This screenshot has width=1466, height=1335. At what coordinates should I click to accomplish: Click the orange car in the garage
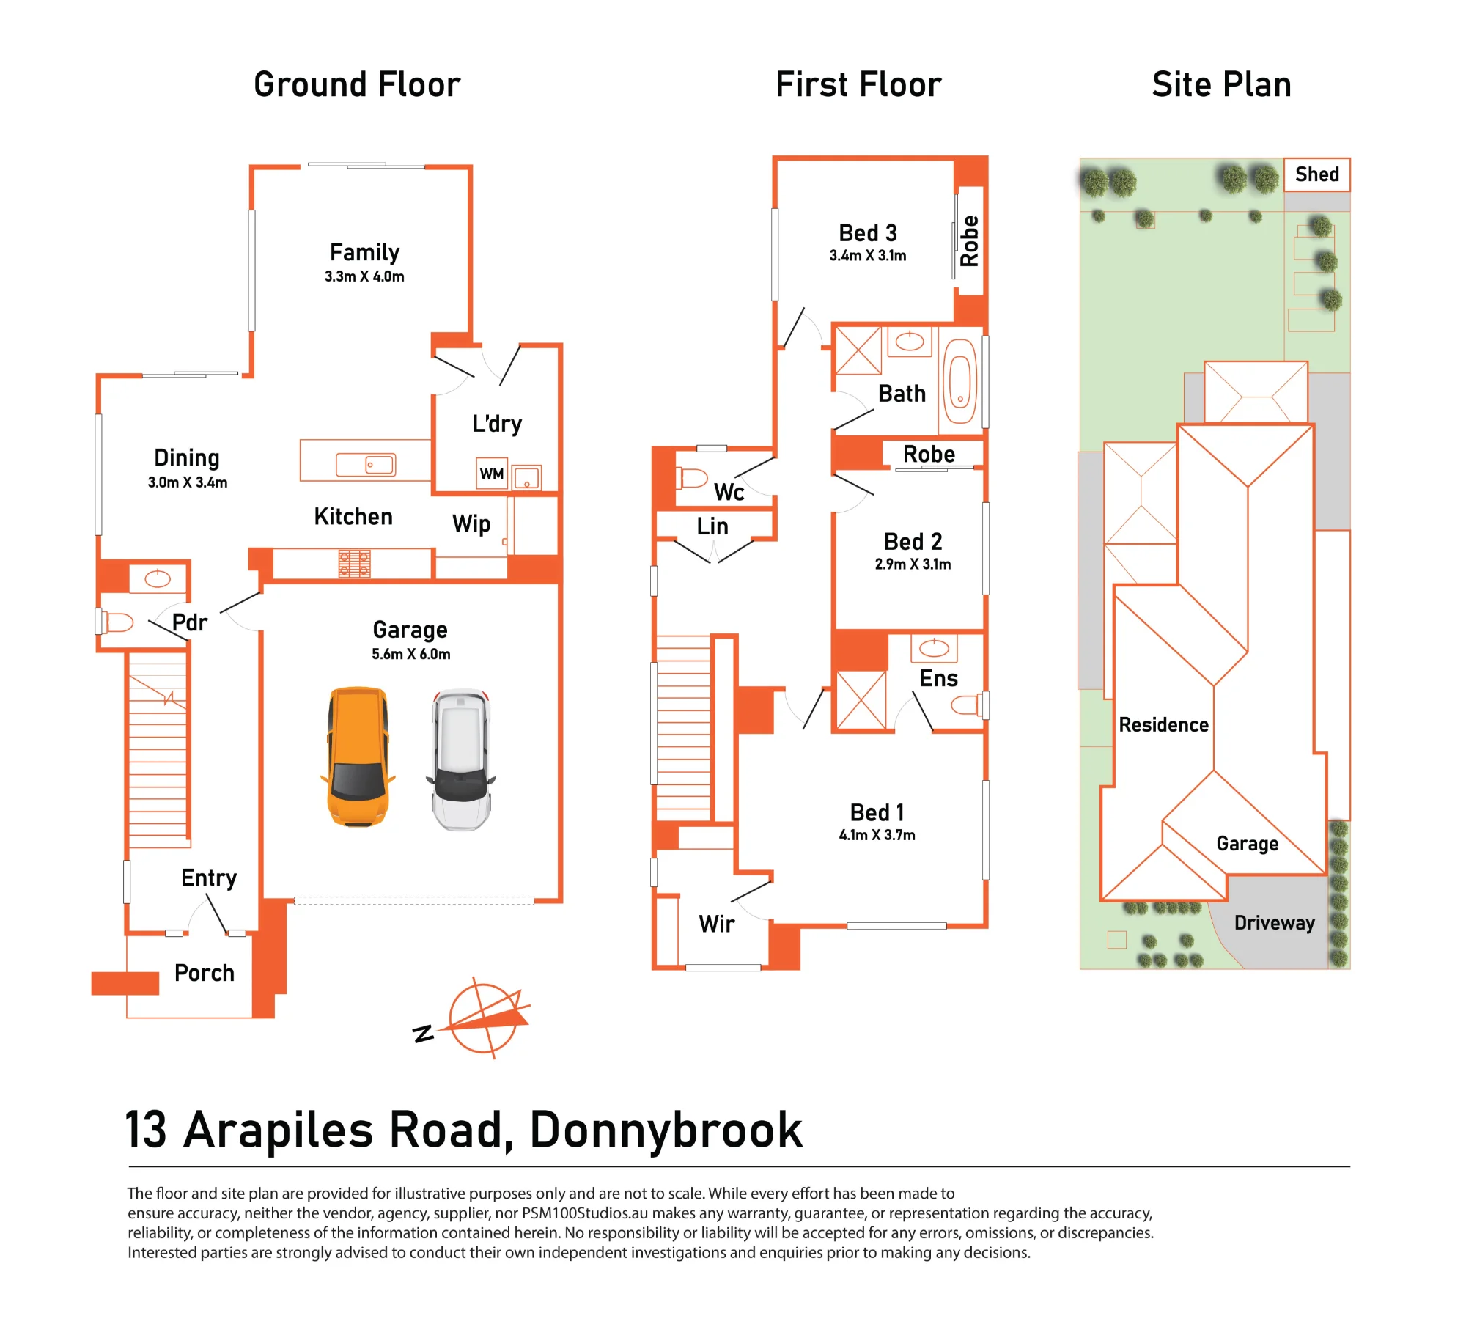(x=358, y=757)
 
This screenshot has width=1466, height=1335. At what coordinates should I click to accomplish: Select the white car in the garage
(x=461, y=759)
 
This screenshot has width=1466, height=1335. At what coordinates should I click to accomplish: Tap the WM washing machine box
(x=492, y=474)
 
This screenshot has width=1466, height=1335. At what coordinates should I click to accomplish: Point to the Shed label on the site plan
(x=1316, y=174)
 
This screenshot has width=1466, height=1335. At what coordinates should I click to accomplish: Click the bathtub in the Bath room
(x=959, y=381)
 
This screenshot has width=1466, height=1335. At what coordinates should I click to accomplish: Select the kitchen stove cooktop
(x=354, y=564)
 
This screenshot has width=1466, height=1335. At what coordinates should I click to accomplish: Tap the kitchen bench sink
(x=366, y=465)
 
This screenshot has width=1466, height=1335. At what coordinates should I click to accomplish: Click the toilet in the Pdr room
(x=117, y=622)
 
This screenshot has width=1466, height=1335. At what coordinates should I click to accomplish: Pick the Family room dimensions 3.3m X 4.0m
(x=364, y=276)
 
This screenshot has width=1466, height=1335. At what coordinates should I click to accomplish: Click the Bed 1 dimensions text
(x=877, y=835)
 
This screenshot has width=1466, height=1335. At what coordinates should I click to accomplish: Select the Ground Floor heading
(x=357, y=84)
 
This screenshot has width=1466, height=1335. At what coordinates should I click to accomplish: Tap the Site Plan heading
(x=1221, y=84)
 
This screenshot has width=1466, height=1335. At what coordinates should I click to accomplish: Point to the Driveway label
(x=1274, y=923)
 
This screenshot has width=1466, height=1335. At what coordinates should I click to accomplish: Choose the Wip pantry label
(x=471, y=524)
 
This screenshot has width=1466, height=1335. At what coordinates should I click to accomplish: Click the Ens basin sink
(x=934, y=647)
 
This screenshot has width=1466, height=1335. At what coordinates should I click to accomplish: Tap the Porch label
(x=205, y=973)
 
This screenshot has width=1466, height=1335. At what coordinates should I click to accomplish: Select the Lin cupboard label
(x=712, y=526)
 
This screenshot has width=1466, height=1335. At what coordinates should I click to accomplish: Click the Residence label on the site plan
(x=1163, y=725)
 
